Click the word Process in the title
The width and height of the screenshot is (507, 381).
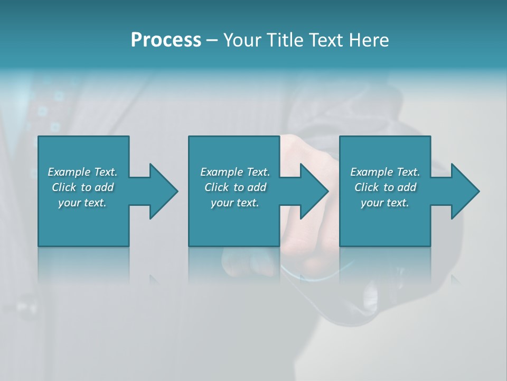click(166, 40)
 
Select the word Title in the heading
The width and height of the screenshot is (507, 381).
click(287, 40)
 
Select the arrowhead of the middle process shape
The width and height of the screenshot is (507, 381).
click(313, 191)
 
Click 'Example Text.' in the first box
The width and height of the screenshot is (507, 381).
click(82, 172)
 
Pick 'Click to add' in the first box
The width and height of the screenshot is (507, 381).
click(82, 187)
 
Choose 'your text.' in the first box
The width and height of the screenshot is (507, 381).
click(82, 203)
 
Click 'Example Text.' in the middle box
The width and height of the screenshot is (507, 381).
click(235, 172)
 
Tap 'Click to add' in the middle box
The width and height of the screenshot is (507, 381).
click(235, 187)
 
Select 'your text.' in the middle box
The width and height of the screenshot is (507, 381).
click(235, 203)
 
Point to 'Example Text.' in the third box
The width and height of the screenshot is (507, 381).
click(385, 172)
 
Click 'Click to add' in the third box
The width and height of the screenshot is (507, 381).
click(385, 187)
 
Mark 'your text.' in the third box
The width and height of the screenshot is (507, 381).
click(385, 203)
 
